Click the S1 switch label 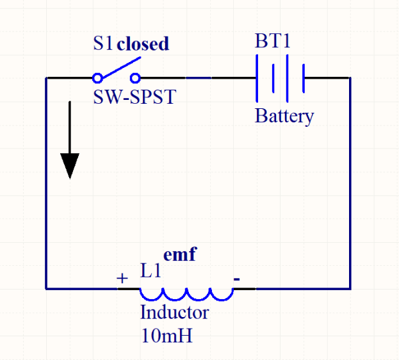102,44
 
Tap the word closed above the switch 143,44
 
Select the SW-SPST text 134,97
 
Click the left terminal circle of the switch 97,78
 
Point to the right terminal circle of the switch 135,78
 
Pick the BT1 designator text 273,42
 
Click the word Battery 284,116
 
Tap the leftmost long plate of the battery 257,78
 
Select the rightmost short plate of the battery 302,78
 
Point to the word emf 179,254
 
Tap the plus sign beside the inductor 122,279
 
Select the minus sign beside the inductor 237,279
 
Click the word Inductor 174,313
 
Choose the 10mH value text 167,335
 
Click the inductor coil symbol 186,294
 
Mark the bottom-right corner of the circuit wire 350,288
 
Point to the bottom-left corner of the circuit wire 46,288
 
